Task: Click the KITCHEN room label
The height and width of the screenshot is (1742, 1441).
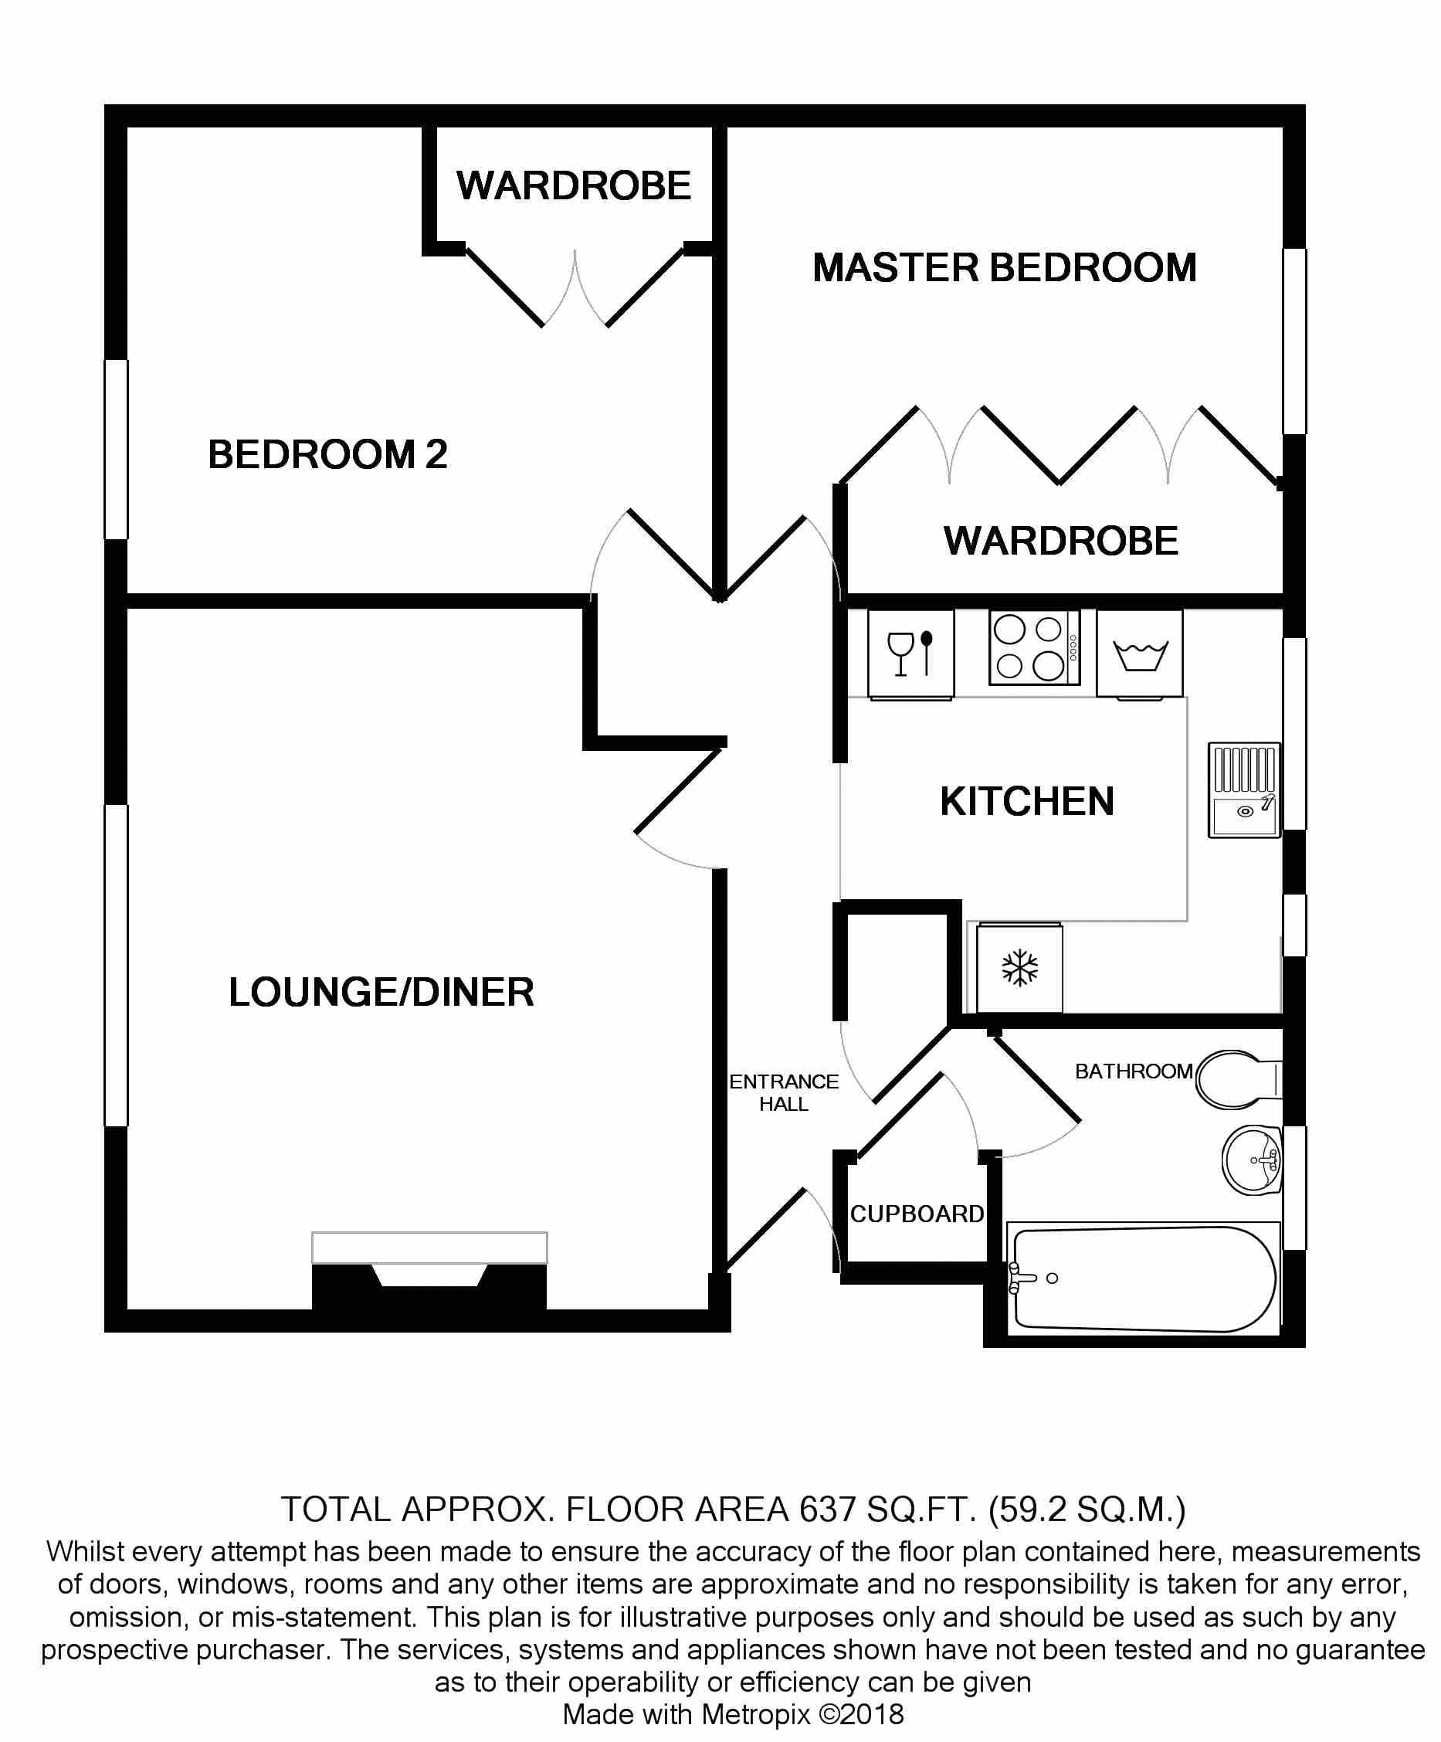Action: pos(1026,801)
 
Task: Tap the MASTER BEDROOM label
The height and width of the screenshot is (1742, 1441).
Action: pos(1004,267)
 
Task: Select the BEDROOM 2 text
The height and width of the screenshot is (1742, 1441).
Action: pos(327,453)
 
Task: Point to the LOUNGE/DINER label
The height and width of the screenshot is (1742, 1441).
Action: pos(381,992)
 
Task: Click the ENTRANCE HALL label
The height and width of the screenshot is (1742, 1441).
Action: pos(784,1092)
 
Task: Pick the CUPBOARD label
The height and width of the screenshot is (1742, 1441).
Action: pos(917,1214)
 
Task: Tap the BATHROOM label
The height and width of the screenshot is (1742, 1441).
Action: pos(1134,1071)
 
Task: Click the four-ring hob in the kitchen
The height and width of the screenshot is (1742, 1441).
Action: pos(1034,647)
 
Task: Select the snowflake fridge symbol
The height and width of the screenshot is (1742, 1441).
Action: pos(1020,967)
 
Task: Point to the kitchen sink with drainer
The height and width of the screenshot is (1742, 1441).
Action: pos(1243,790)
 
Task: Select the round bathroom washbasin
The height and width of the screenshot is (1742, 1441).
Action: pos(1252,1160)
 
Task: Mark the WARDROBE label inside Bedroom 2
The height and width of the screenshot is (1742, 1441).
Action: pos(574,185)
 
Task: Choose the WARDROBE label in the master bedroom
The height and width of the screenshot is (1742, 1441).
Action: pos(1060,541)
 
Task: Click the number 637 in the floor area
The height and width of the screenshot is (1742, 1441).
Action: pos(826,1509)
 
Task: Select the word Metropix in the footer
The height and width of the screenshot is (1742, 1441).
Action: pos(755,1713)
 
